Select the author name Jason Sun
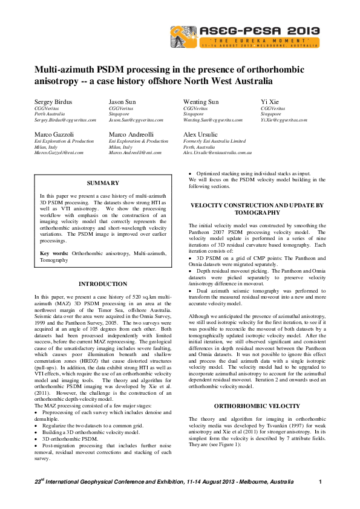click(124, 102)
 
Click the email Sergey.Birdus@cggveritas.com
click(65, 120)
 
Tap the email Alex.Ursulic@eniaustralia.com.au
click(217, 153)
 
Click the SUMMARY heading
click(100, 183)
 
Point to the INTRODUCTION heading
click(102, 284)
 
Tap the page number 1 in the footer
click(319, 481)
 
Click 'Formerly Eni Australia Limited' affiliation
click(214, 141)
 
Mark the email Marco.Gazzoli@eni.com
click(59, 153)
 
